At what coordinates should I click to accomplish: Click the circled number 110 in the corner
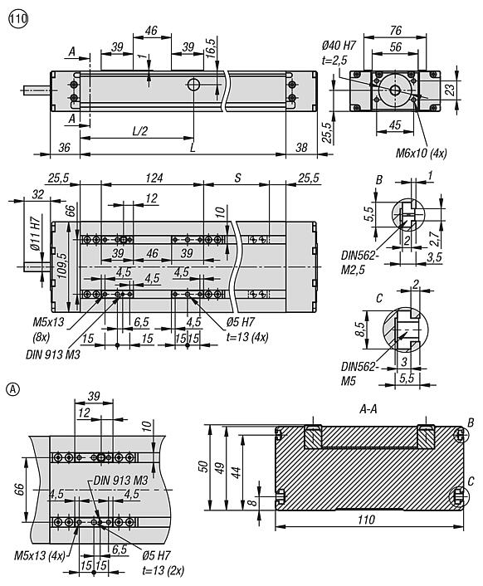(18, 19)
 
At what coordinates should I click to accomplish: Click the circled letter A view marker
(13, 389)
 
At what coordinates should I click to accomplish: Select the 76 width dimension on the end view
(395, 31)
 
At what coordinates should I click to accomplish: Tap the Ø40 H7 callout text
(339, 46)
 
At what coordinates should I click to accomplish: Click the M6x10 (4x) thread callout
(422, 153)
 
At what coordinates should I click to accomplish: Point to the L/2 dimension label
(140, 131)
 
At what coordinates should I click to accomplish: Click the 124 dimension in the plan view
(154, 178)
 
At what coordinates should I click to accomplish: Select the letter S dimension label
(237, 178)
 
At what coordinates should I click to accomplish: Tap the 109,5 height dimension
(61, 266)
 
